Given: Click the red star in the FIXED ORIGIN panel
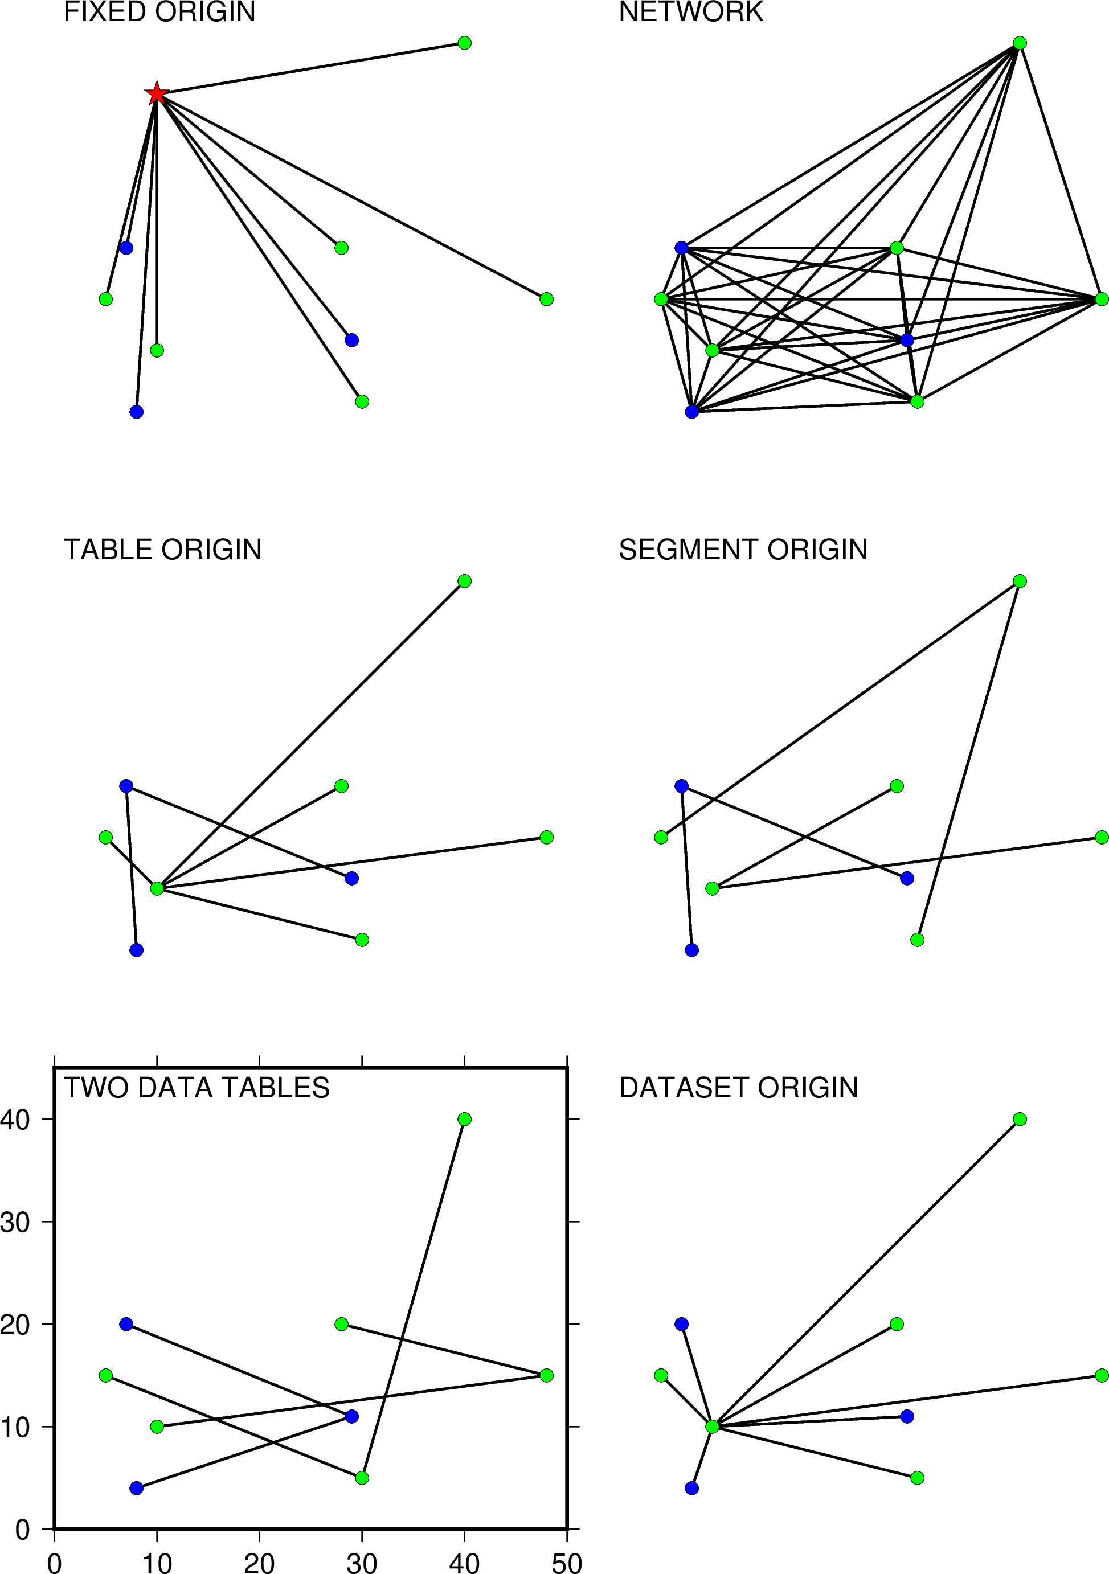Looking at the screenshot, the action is click(157, 93).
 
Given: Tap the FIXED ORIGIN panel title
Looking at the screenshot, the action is click(160, 13).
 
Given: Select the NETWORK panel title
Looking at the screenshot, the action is click(691, 13).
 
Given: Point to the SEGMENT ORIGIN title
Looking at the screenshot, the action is click(743, 550).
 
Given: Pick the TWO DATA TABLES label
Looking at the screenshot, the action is click(197, 1088).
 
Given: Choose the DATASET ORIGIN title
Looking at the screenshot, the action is click(739, 1088).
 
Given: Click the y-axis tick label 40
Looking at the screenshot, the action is click(15, 1120).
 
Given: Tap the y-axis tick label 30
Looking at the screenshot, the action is click(15, 1222).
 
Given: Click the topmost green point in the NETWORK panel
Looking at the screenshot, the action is click(1020, 43).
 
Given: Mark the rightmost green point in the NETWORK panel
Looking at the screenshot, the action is click(1102, 299).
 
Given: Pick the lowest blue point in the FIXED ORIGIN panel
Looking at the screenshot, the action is click(137, 412).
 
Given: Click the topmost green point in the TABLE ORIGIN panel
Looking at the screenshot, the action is click(464, 581).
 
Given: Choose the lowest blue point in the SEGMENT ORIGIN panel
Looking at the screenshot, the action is click(691, 950).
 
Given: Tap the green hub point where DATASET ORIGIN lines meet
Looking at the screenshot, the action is click(712, 1427).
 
